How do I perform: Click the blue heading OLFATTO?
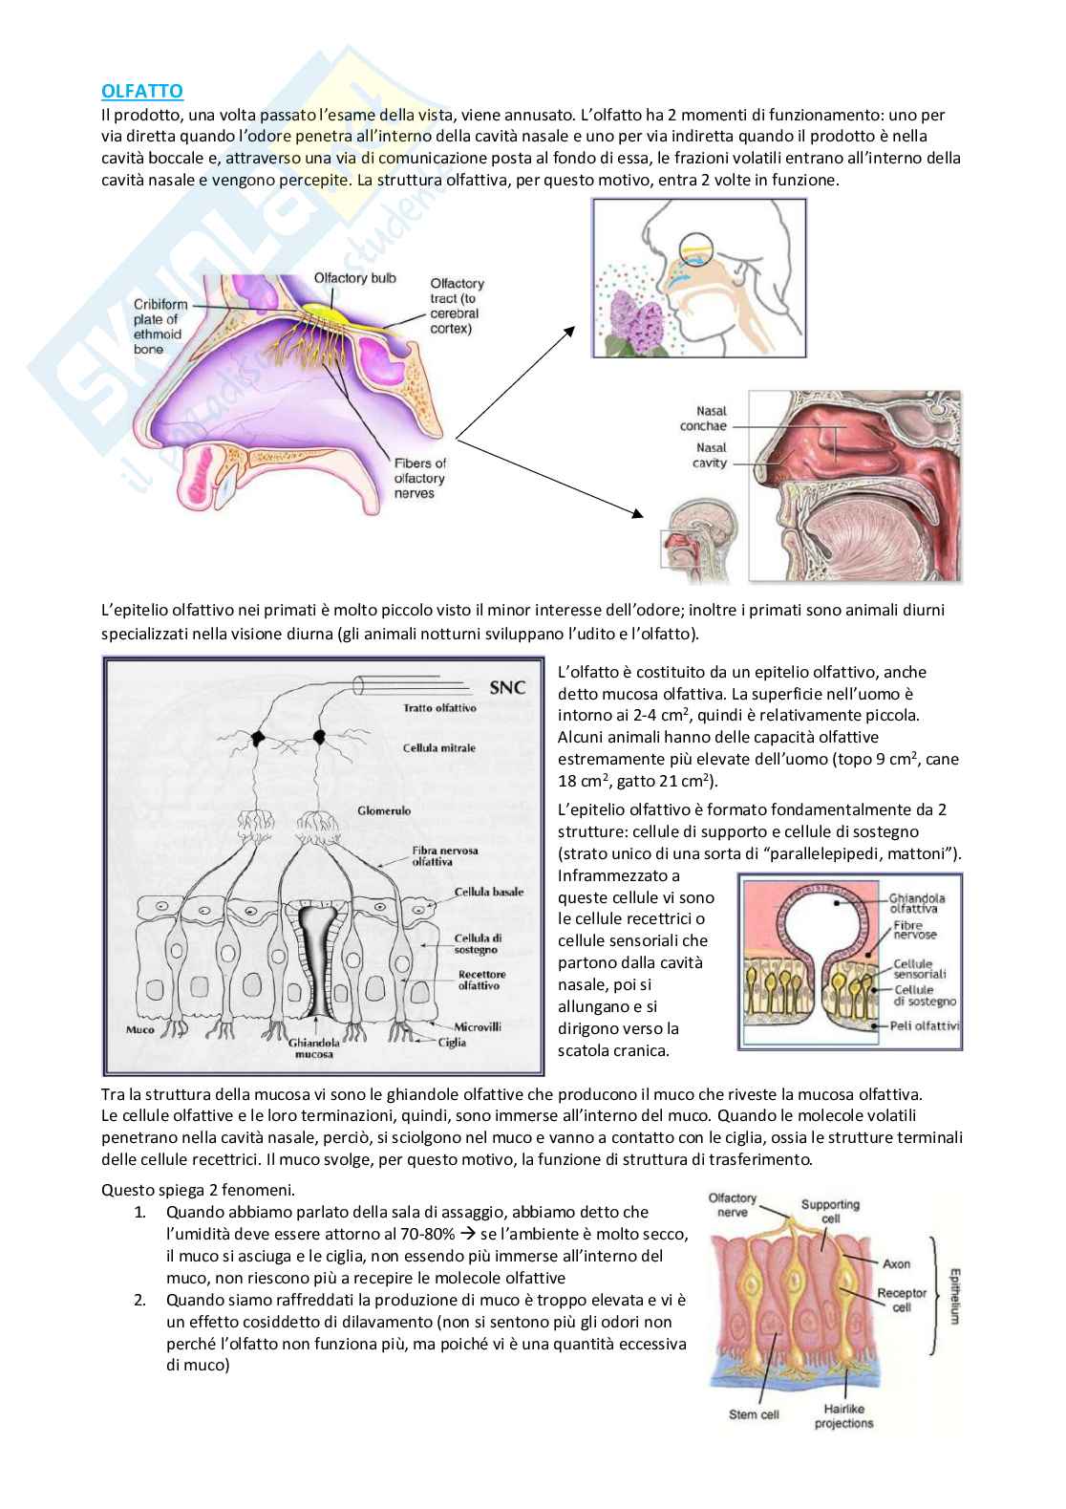tap(142, 91)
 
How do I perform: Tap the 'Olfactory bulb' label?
tap(355, 277)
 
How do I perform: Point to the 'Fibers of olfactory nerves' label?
tap(419, 478)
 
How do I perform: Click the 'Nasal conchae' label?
tap(703, 419)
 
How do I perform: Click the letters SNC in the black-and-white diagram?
tap(507, 687)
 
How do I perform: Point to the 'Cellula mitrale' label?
tap(438, 748)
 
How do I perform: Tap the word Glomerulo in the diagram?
tap(384, 810)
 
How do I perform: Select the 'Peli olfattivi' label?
tap(926, 1026)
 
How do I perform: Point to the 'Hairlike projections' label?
tap(843, 1415)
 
